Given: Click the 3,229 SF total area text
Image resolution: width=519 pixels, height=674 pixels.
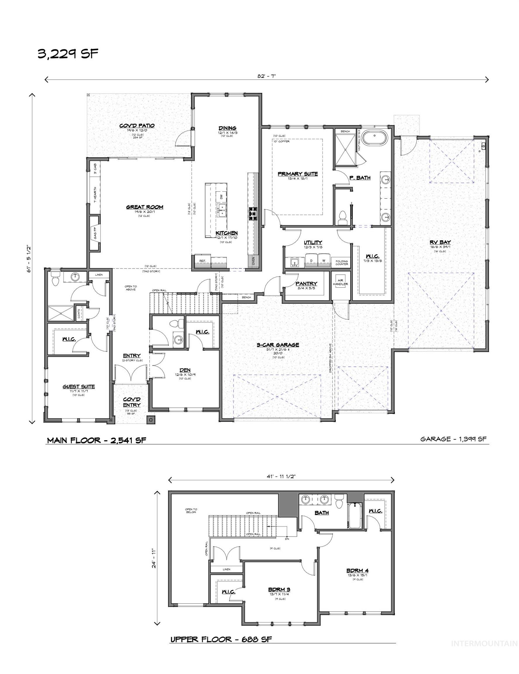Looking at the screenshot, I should click(x=68, y=54).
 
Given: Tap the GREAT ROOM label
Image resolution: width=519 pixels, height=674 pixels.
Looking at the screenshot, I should click(x=145, y=207).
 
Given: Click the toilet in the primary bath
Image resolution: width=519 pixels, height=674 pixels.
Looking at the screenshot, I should click(x=343, y=218).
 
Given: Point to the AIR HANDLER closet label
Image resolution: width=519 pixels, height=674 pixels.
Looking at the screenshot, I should click(x=340, y=282).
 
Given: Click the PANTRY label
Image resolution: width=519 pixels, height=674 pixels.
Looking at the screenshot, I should click(x=306, y=283).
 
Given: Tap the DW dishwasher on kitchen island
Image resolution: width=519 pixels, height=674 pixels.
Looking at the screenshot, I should click(x=221, y=197).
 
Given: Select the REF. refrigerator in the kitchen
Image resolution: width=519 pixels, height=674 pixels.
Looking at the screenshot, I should click(x=202, y=261).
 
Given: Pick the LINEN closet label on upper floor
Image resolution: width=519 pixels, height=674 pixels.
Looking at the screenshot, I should click(x=226, y=569).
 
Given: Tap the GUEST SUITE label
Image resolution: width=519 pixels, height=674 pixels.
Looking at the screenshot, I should click(x=79, y=386).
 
